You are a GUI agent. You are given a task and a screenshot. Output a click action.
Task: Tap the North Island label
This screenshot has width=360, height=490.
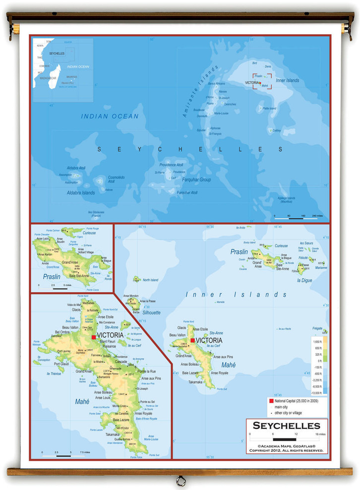[x=150, y=280]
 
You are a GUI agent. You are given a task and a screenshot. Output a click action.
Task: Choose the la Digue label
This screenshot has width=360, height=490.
[x=305, y=280]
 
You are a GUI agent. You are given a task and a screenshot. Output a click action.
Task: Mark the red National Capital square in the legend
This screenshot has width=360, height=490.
[x=271, y=400]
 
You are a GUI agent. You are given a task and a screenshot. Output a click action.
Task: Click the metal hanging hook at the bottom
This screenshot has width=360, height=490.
[x=180, y=480]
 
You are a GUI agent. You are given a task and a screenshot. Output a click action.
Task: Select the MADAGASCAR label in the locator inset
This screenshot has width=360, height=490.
[x=48, y=78]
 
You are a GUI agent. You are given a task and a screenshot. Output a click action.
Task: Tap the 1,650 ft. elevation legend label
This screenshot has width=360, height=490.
[x=317, y=342]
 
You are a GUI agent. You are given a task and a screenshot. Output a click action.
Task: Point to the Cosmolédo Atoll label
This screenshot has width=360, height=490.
[x=117, y=180]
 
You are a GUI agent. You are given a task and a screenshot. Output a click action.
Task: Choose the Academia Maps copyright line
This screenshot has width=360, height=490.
[x=287, y=446]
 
